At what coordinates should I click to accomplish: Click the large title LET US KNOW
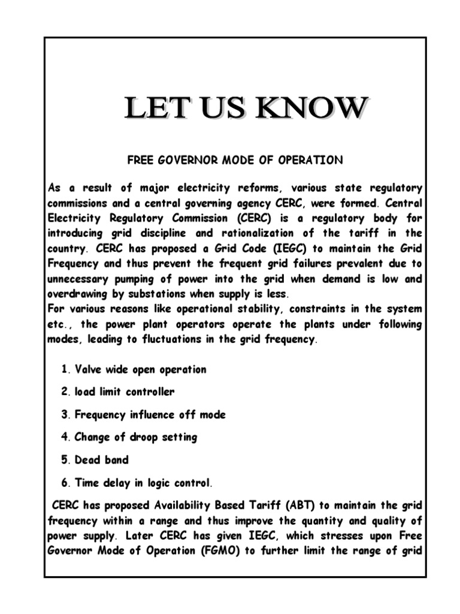245,109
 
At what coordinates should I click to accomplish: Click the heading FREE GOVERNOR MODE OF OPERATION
235,160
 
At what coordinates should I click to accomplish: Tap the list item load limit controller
125,392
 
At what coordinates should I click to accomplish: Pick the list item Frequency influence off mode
150,415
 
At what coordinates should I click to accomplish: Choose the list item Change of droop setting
135,437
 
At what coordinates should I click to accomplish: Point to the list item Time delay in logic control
143,483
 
